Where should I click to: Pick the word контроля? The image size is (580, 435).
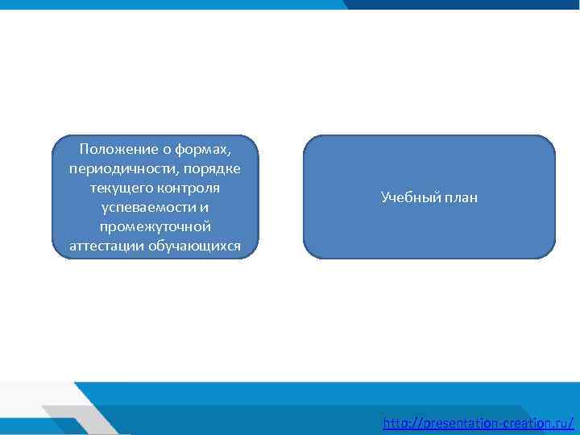point(190,187)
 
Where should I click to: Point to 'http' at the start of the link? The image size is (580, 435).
point(396,422)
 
